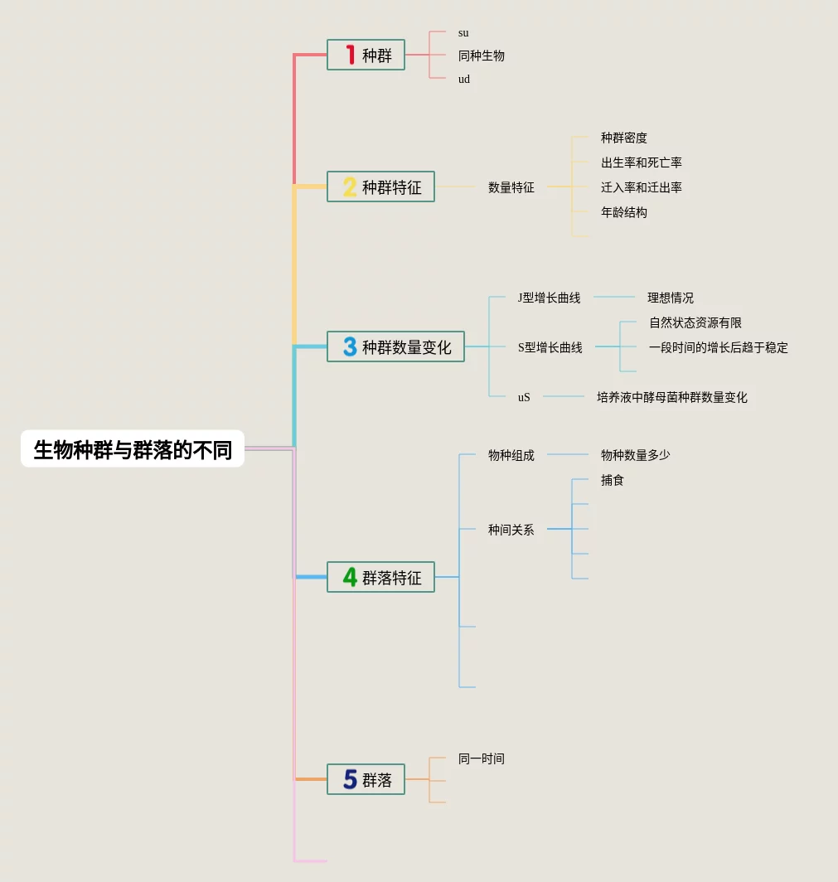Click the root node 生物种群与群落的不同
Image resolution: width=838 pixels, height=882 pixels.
tap(133, 449)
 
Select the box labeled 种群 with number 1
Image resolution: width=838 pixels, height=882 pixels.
tap(366, 56)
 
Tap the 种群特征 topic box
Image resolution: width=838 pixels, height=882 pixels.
tap(380, 187)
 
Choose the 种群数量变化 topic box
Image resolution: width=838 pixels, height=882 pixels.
tap(395, 346)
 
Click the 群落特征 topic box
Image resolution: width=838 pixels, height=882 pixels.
tap(380, 577)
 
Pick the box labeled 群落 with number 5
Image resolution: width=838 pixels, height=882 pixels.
tap(366, 779)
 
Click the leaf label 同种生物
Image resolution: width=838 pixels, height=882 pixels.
tap(481, 56)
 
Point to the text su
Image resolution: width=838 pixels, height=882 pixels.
tap(463, 33)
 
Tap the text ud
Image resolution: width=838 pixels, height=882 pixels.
tap(464, 79)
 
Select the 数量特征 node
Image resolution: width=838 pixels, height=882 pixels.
tap(511, 187)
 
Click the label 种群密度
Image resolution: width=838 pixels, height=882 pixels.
tap(623, 138)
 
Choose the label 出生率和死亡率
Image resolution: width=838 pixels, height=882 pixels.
tap(641, 162)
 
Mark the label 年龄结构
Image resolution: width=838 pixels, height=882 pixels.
tap(623, 212)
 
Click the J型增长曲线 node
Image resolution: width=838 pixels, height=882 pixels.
tap(549, 298)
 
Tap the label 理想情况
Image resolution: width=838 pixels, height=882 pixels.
tap(670, 298)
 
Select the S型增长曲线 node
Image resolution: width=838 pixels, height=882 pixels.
tap(550, 347)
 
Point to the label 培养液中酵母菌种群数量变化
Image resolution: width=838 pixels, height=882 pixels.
tap(671, 397)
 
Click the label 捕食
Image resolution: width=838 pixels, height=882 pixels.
tap(612, 480)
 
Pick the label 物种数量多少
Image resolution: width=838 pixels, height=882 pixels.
tap(635, 455)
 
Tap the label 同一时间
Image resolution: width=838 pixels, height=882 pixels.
tap(481, 758)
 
